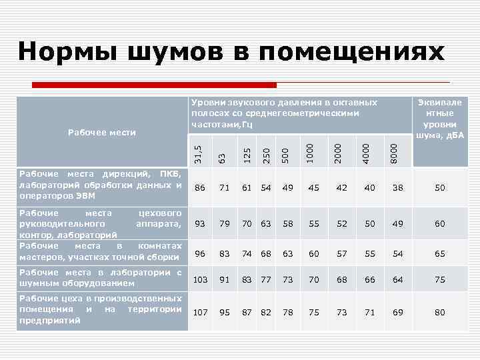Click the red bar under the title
click(x=154, y=85)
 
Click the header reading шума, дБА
click(x=440, y=135)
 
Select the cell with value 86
click(x=199, y=189)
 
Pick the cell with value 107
click(x=199, y=312)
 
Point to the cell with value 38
click(x=397, y=189)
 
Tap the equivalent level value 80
click(x=440, y=312)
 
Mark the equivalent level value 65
click(x=440, y=254)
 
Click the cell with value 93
click(x=199, y=225)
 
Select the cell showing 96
click(x=199, y=254)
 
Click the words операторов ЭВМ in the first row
click(x=57, y=196)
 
